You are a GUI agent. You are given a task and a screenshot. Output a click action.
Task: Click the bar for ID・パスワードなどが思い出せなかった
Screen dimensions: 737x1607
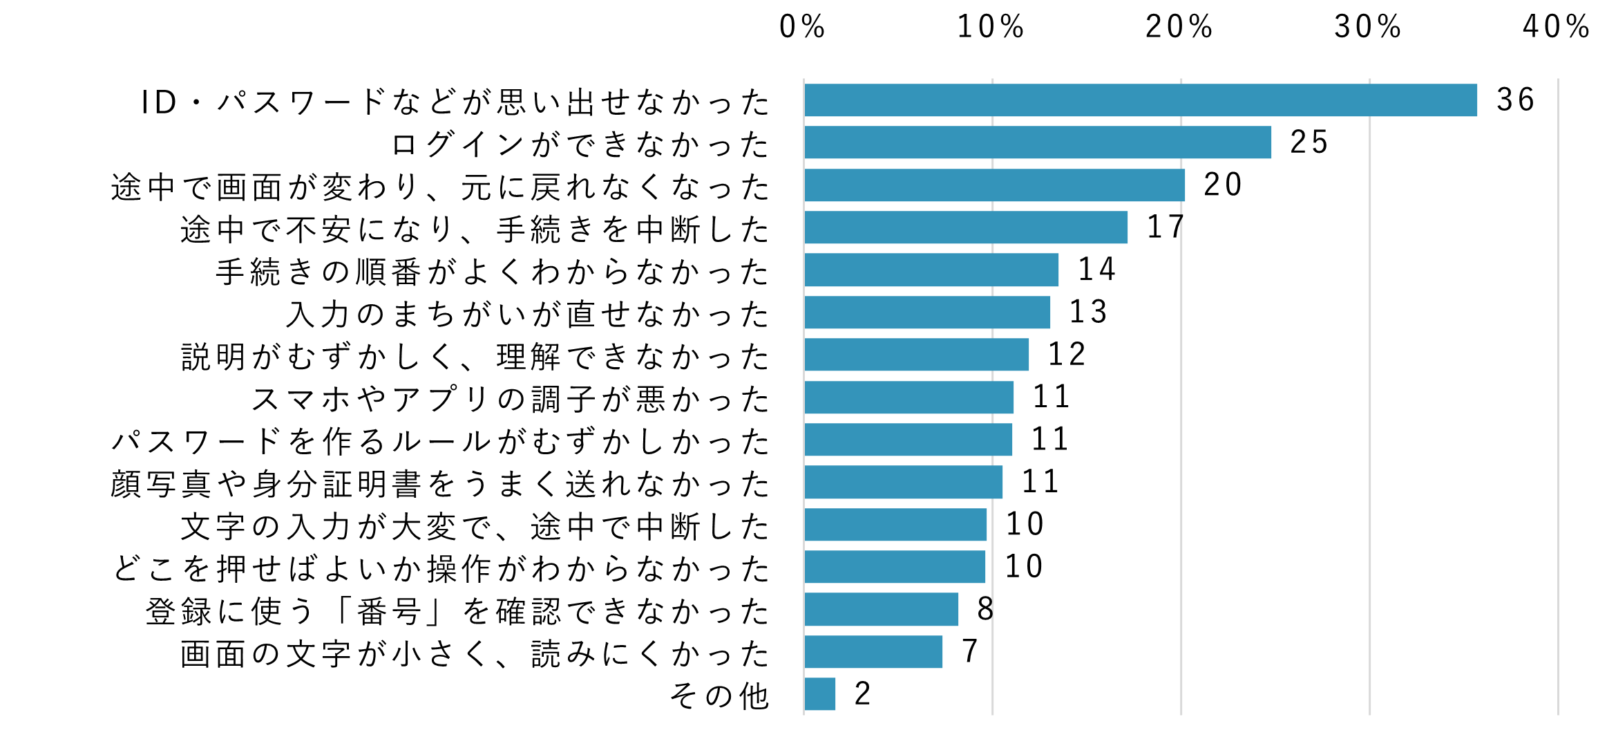[x=1140, y=100]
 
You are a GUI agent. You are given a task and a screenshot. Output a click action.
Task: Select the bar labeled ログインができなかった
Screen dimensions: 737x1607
[x=1037, y=142]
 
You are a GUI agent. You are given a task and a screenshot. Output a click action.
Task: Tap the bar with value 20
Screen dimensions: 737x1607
[x=994, y=185]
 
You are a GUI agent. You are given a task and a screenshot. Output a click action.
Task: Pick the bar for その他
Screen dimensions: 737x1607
[x=819, y=693]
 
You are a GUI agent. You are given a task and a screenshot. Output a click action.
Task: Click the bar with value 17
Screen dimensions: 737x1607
[x=965, y=227]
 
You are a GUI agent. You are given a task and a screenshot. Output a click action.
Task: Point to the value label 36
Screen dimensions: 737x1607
[x=1515, y=100]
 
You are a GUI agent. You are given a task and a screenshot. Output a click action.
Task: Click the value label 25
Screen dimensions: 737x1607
[x=1309, y=142]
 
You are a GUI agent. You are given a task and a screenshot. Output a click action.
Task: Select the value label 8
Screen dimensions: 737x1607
[x=985, y=609]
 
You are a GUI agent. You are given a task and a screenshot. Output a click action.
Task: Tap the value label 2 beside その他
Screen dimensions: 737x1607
[x=862, y=693]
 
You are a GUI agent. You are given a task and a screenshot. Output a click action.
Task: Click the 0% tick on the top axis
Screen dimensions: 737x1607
[x=802, y=28]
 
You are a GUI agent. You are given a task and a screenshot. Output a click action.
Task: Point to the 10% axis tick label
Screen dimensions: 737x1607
[x=990, y=28]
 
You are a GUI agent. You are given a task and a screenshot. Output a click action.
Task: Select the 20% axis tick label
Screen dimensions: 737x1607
[x=1179, y=28]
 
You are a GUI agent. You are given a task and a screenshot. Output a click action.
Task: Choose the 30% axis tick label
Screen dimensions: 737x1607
[x=1367, y=28]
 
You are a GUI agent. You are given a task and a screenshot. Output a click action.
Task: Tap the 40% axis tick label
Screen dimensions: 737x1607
[x=1556, y=28]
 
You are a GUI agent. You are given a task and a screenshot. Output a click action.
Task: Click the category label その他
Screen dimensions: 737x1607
[x=719, y=696]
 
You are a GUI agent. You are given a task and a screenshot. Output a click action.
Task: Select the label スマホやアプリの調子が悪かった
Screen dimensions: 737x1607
[x=510, y=399]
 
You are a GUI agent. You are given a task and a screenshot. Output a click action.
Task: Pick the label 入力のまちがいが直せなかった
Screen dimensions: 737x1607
[x=527, y=314]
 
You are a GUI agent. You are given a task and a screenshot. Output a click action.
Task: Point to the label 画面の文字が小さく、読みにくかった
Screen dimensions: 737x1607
[x=475, y=653]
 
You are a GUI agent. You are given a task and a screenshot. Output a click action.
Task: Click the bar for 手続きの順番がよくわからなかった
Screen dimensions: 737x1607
[x=931, y=270]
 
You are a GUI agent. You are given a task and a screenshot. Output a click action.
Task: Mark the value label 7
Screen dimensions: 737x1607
[x=970, y=651]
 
